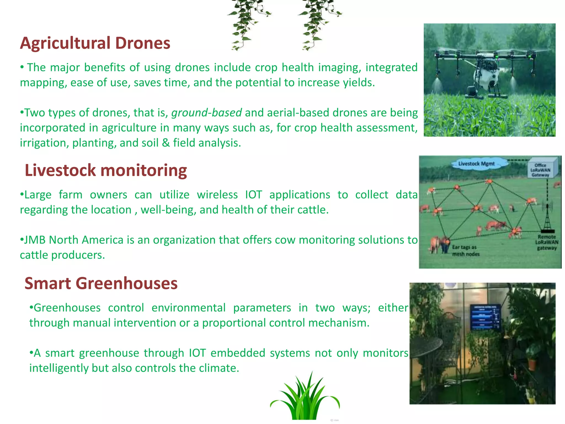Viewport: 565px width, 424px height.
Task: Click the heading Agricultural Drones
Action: click(x=95, y=43)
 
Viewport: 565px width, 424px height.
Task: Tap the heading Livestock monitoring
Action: click(x=106, y=170)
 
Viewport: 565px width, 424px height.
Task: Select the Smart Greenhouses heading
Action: click(x=101, y=283)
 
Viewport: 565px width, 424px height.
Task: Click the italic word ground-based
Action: click(x=206, y=113)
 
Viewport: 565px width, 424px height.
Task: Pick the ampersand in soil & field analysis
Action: click(x=166, y=143)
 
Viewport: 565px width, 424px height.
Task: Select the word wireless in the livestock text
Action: click(x=217, y=195)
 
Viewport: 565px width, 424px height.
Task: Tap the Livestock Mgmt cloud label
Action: click(x=476, y=164)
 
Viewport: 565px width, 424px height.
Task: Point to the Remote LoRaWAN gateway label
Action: click(x=547, y=242)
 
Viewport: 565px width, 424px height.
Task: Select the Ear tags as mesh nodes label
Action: click(x=465, y=250)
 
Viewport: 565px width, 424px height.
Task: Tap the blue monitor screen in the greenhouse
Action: click(x=485, y=318)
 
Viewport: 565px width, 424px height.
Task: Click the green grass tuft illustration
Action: click(x=305, y=399)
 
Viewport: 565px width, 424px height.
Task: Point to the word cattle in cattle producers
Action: click(x=34, y=255)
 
